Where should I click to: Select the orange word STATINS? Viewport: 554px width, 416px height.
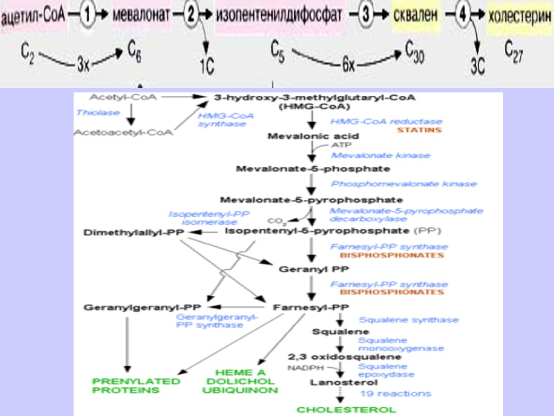click(419, 130)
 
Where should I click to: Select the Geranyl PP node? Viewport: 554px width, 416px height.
click(306, 268)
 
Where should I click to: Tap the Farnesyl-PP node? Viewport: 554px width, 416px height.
click(307, 307)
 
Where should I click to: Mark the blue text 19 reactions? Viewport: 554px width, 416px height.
click(396, 393)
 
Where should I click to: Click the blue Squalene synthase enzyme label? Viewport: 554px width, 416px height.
click(408, 320)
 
